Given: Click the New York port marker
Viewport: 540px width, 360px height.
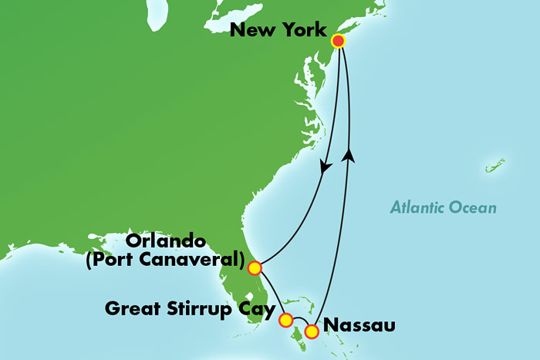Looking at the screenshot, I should (x=337, y=41).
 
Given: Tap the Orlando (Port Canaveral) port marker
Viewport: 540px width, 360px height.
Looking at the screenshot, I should (x=254, y=267).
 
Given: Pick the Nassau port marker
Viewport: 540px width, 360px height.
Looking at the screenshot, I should (x=312, y=331).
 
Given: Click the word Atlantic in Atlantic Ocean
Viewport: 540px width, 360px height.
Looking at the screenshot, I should (x=417, y=207).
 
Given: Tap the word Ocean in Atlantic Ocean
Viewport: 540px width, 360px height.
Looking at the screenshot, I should (x=473, y=207).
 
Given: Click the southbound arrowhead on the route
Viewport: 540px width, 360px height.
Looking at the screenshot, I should (x=326, y=166).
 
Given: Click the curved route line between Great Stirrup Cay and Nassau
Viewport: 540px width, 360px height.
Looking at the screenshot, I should (x=299, y=318).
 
